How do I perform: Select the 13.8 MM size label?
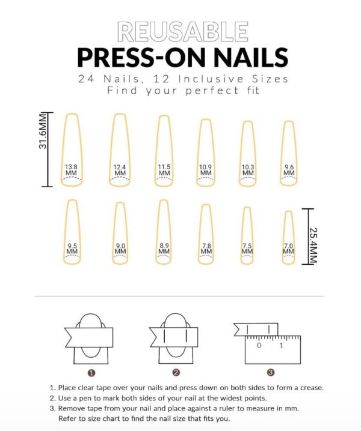[72, 170]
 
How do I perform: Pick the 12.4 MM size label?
[120, 170]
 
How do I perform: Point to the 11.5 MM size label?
[164, 170]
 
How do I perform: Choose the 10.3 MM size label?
[248, 170]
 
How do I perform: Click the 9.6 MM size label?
[289, 170]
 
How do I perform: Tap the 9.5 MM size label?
[72, 249]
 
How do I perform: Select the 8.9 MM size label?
[163, 249]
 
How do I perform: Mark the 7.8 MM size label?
[206, 249]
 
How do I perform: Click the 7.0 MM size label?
[289, 249]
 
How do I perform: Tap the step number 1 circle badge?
[93, 372]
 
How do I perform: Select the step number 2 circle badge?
[176, 372]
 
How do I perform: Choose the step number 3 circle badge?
[271, 372]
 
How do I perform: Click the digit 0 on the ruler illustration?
[259, 346]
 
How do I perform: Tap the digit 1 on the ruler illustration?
[280, 346]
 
